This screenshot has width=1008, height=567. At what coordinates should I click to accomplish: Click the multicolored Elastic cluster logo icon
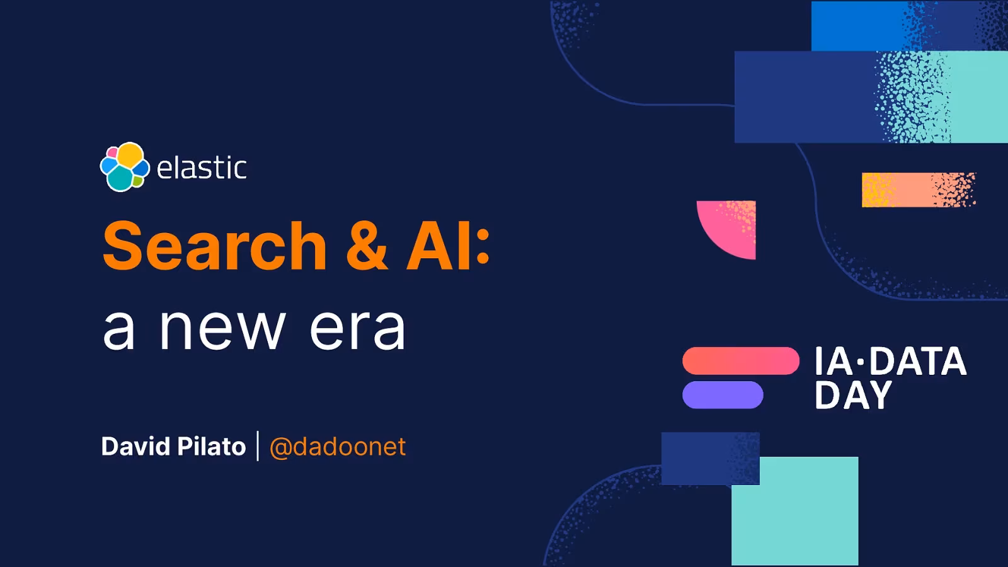tap(125, 167)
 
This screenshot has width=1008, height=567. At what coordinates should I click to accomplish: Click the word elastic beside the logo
tap(202, 168)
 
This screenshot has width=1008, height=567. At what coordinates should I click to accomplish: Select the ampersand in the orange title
tap(367, 246)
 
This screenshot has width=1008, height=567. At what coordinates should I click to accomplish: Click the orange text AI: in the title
tap(447, 246)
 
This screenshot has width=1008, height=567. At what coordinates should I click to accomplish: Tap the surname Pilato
tap(211, 447)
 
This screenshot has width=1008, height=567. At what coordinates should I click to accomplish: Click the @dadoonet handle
tap(338, 447)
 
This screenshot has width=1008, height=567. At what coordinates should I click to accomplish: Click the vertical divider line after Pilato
tap(258, 446)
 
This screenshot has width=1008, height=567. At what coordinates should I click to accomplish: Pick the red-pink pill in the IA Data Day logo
tap(741, 361)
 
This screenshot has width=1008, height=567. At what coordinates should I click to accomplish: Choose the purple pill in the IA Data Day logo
tap(723, 394)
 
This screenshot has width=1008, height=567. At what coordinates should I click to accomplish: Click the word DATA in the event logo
tap(918, 362)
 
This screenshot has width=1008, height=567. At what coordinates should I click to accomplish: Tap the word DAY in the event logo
tap(853, 394)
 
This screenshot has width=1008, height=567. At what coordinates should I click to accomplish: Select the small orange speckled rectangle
tap(919, 190)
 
